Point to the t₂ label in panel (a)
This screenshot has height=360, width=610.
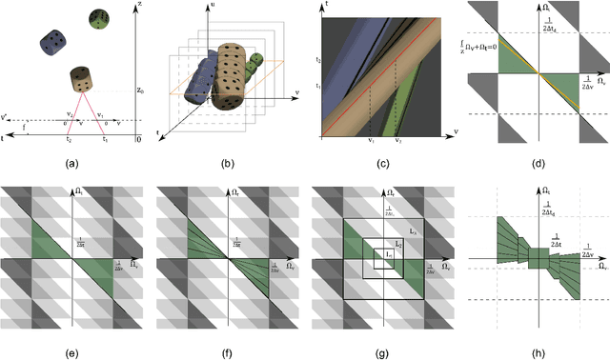coord(69,138)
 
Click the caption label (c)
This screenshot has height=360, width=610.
coord(384,163)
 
